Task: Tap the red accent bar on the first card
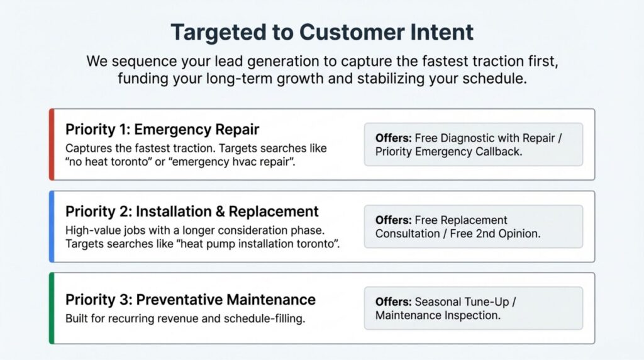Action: pos(52,144)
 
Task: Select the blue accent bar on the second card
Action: pos(52,227)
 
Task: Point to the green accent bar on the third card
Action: pos(52,308)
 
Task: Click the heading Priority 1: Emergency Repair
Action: pos(162,130)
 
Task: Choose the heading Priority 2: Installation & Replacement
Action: pos(192,211)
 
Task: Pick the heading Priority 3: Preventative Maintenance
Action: pos(191,300)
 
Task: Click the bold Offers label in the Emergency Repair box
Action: pos(393,138)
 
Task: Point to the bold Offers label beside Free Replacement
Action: pos(393,220)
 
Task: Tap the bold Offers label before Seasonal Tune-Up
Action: pos(393,302)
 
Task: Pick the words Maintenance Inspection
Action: pos(438,315)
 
